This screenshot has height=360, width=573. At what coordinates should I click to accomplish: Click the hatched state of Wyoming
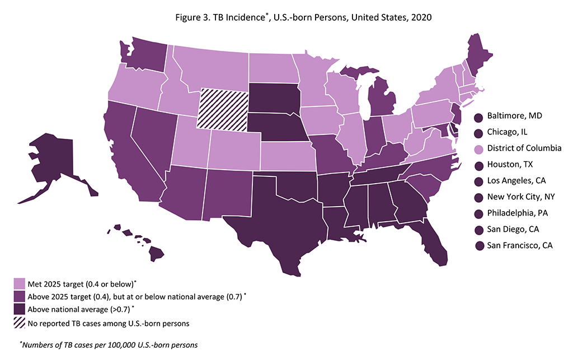click(x=223, y=109)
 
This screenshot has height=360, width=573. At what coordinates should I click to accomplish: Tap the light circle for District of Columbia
click(x=478, y=149)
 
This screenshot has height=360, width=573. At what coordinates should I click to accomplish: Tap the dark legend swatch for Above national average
click(x=19, y=310)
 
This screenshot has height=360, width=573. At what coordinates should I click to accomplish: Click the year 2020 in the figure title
click(x=421, y=17)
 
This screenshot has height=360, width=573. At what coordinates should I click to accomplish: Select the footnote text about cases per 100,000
click(x=109, y=345)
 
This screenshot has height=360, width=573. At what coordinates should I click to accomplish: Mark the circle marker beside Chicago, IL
click(x=478, y=133)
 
